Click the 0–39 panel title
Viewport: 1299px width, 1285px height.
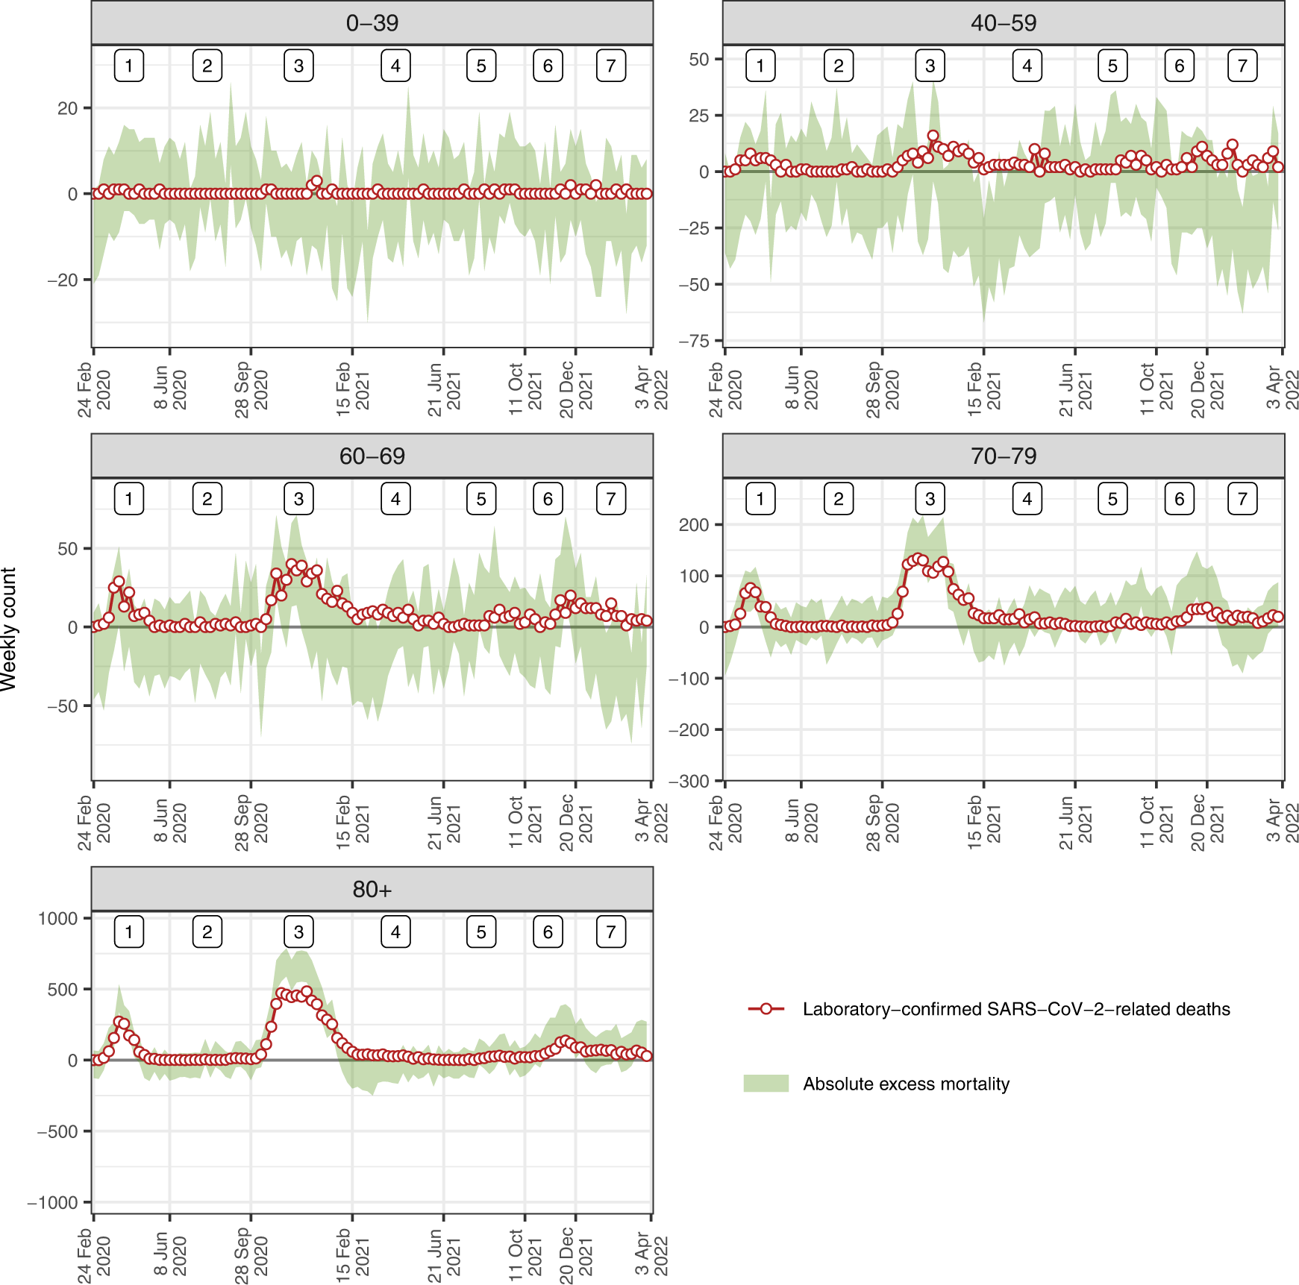click(x=372, y=23)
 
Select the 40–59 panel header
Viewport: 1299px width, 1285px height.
click(x=1003, y=23)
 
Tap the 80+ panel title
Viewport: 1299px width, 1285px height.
click(x=372, y=890)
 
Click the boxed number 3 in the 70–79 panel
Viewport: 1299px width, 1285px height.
click(x=930, y=499)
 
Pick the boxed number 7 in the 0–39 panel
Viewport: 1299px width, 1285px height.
click(x=610, y=66)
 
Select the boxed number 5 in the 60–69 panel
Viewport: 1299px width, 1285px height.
click(x=481, y=499)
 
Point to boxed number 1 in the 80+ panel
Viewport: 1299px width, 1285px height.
click(x=129, y=932)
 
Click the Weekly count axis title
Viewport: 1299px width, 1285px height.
click(x=9, y=629)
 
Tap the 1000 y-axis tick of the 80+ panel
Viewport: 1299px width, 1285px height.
click(x=57, y=918)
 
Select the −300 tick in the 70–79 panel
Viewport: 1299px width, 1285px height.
click(x=689, y=781)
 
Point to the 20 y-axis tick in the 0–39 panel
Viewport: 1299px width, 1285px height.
click(x=67, y=109)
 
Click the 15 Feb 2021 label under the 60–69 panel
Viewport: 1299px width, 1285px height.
click(x=352, y=823)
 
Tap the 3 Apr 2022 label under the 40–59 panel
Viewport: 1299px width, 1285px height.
click(x=1282, y=388)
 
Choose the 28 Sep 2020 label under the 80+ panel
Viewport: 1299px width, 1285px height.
click(x=251, y=1256)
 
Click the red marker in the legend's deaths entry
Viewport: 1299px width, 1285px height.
click(x=766, y=1009)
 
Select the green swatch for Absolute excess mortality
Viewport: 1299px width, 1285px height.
click(x=766, y=1084)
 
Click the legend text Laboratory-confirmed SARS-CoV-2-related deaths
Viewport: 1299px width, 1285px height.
click(x=1016, y=1009)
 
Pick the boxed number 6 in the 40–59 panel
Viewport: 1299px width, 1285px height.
click(x=1179, y=66)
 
